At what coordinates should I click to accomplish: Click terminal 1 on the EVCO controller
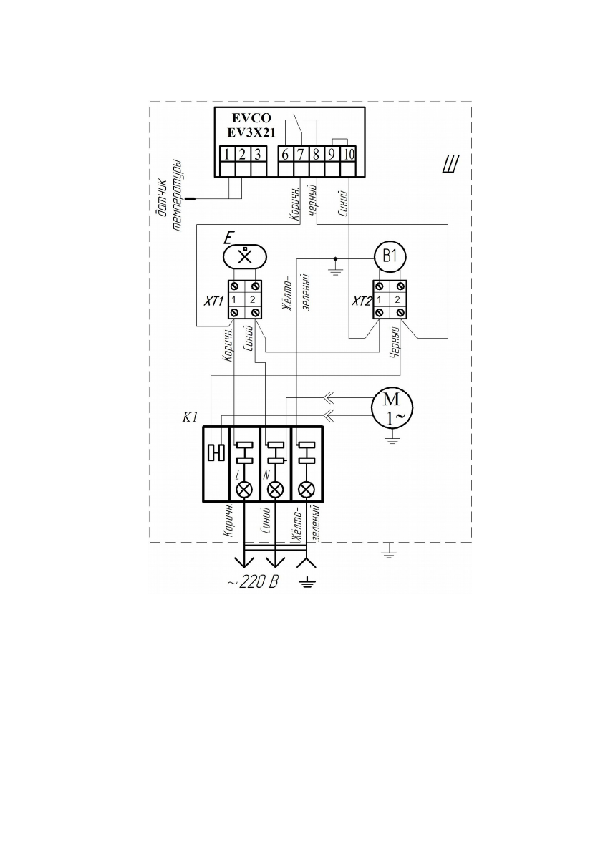point(227,154)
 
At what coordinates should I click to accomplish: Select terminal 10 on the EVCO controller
point(349,154)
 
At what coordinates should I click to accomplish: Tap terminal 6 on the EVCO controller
point(286,154)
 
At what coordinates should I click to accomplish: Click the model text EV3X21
point(251,132)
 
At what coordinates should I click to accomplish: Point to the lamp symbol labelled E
point(245,256)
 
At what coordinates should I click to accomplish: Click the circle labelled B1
point(390,256)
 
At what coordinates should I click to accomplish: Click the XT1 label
point(213,300)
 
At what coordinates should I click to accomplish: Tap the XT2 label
point(362,301)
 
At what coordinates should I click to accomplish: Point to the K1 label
point(190,417)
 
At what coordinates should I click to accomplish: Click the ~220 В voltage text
point(253,583)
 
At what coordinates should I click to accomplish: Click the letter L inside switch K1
point(237,475)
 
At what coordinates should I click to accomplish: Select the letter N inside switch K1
point(266,475)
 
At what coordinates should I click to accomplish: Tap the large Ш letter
point(450,165)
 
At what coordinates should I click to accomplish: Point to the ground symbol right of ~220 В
point(307,584)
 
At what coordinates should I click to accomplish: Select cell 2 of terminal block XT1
point(252,300)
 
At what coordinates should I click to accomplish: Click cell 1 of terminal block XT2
point(379,300)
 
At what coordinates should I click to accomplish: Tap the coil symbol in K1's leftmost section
point(216,452)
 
